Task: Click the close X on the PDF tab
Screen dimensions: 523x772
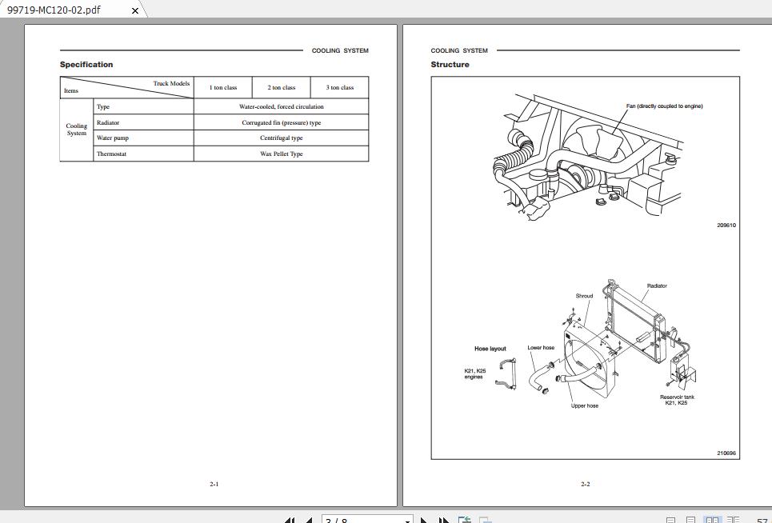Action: [x=135, y=11]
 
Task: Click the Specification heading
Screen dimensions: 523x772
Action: [x=86, y=65]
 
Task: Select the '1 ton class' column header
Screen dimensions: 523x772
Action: [x=223, y=88]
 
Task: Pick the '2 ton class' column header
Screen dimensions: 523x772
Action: [x=282, y=88]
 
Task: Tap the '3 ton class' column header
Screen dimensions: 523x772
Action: [x=340, y=88]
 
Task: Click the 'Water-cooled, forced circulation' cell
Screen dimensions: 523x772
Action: [x=282, y=106]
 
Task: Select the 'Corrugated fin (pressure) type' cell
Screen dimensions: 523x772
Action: [x=282, y=123]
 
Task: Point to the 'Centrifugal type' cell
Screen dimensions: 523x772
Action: [x=282, y=138]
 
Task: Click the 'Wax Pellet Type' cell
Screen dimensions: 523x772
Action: [x=282, y=154]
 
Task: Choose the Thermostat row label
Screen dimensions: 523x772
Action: [x=111, y=154]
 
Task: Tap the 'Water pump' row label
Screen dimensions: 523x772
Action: [x=113, y=138]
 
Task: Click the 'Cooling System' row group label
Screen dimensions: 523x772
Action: [x=77, y=130]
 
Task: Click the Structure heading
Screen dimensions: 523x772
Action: [x=450, y=65]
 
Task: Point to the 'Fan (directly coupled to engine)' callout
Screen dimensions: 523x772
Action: [x=664, y=106]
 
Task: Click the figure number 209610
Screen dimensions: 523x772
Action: [x=726, y=226]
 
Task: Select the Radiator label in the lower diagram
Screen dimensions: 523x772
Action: [x=657, y=286]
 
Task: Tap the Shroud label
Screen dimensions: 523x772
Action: [x=585, y=297]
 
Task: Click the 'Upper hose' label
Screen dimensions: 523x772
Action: [x=585, y=406]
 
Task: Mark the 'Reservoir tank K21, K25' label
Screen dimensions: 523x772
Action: [x=677, y=400]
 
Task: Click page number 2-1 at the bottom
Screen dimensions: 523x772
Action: [x=214, y=484]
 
